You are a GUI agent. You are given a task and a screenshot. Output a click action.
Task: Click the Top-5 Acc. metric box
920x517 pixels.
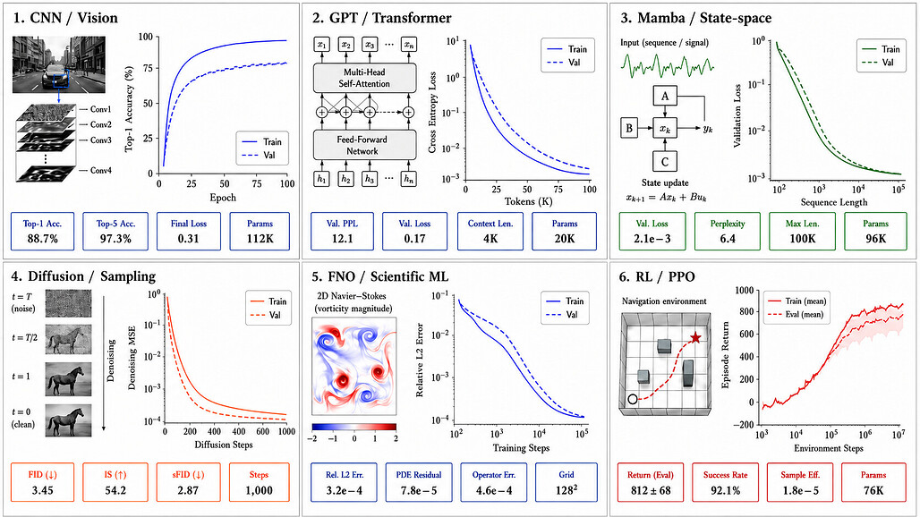coord(115,232)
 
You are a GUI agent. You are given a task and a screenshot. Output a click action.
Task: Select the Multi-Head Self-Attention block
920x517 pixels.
coord(364,78)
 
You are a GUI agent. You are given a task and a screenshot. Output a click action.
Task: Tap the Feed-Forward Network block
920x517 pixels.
coord(362,146)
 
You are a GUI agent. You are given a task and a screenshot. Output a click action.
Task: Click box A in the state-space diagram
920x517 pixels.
coord(665,96)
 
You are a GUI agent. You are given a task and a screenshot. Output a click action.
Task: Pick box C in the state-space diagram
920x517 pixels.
coord(665,161)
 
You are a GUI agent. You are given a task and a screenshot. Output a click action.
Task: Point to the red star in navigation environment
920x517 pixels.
coord(695,337)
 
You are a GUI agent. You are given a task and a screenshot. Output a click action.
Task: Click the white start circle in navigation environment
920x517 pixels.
coord(632,399)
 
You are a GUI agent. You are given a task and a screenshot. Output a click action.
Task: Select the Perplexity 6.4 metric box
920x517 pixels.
coord(728,232)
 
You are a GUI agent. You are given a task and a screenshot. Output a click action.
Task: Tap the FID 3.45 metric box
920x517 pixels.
coord(43,482)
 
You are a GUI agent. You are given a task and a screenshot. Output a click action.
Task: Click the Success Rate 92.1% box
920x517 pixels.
coord(725,482)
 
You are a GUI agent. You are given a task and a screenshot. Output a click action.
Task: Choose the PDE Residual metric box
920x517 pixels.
coord(419,482)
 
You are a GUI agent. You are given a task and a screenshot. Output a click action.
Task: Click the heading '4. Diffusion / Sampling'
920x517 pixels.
coord(83,276)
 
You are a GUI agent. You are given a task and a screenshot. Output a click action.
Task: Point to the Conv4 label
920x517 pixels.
coord(101,171)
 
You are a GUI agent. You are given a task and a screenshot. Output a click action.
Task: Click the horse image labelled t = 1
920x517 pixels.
coord(69,379)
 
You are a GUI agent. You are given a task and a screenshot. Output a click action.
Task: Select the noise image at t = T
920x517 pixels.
coord(69,303)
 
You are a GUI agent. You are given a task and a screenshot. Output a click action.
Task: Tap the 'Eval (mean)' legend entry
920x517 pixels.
coord(796,315)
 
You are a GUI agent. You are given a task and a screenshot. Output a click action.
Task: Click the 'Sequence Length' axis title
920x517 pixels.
coord(834,202)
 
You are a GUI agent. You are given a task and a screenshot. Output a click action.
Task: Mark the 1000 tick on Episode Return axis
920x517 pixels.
coord(744,291)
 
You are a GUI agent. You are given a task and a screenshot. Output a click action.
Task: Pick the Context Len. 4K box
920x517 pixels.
coord(490,232)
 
